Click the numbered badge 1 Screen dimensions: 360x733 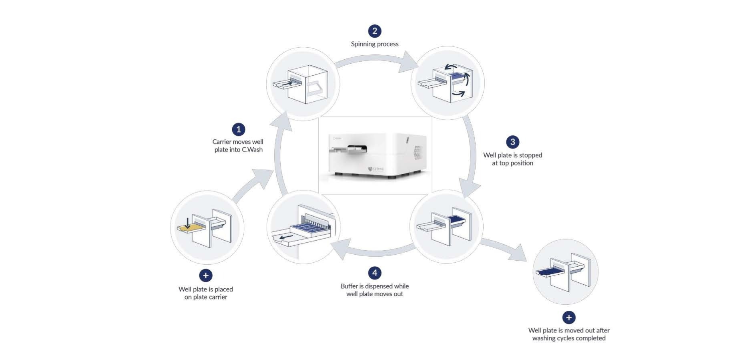click(239, 129)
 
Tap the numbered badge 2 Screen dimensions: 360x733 click(375, 31)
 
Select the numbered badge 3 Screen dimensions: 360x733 click(512, 142)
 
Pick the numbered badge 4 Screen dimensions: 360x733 click(375, 273)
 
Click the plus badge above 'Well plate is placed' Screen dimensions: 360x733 click(206, 276)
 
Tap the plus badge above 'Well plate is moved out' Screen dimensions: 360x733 click(569, 318)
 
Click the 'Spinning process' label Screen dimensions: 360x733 click(375, 44)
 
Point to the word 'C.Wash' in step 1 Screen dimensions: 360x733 click(252, 150)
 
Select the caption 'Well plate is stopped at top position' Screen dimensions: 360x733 click(512, 159)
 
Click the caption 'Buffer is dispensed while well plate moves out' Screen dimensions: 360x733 click(375, 290)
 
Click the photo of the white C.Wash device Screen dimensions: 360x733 click(376, 155)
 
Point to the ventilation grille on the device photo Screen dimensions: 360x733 click(417, 152)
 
